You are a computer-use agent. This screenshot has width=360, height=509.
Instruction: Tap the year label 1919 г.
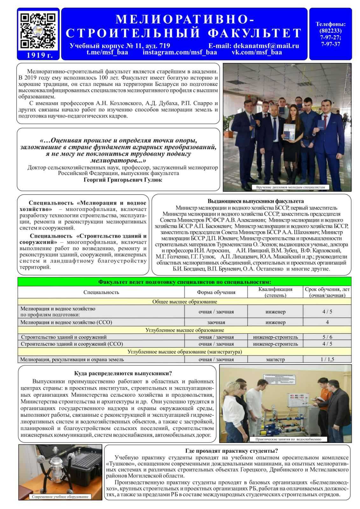(38, 55)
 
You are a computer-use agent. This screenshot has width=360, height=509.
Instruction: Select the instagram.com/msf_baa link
(180, 52)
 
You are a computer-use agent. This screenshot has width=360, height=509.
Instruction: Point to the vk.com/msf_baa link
(257, 52)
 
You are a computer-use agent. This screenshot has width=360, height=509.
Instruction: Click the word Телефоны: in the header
(330, 24)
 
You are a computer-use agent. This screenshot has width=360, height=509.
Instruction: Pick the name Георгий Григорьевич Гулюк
(123, 180)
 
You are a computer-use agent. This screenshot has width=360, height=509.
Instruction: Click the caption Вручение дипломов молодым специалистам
(290, 187)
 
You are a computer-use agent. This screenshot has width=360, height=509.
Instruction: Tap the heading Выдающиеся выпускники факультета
(251, 201)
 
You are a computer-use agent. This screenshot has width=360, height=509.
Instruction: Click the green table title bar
(184, 282)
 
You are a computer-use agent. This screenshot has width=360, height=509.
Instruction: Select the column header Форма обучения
(216, 292)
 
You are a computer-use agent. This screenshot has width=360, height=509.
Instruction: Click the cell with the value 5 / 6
(327, 337)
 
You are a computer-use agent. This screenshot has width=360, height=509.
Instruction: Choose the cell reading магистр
(275, 359)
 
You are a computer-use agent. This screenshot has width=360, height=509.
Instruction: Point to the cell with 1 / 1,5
(327, 359)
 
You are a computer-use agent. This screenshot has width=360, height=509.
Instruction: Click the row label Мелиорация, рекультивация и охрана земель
(72, 359)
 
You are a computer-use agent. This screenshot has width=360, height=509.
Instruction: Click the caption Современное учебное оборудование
(60, 497)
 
